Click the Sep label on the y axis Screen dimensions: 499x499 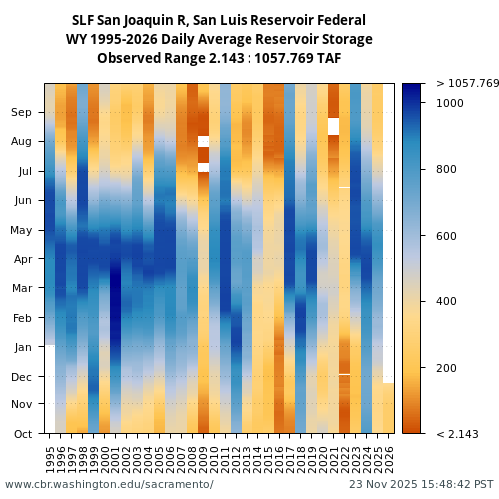pos(22,113)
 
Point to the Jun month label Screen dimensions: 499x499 pos(22,201)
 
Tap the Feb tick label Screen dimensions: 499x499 pos(22,318)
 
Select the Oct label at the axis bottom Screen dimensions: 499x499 pos(22,434)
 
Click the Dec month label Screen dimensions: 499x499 pos(22,377)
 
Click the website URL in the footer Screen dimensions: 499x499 pos(109,484)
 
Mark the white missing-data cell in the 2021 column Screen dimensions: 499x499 pos(333,126)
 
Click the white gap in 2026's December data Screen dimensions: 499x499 pos(388,377)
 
